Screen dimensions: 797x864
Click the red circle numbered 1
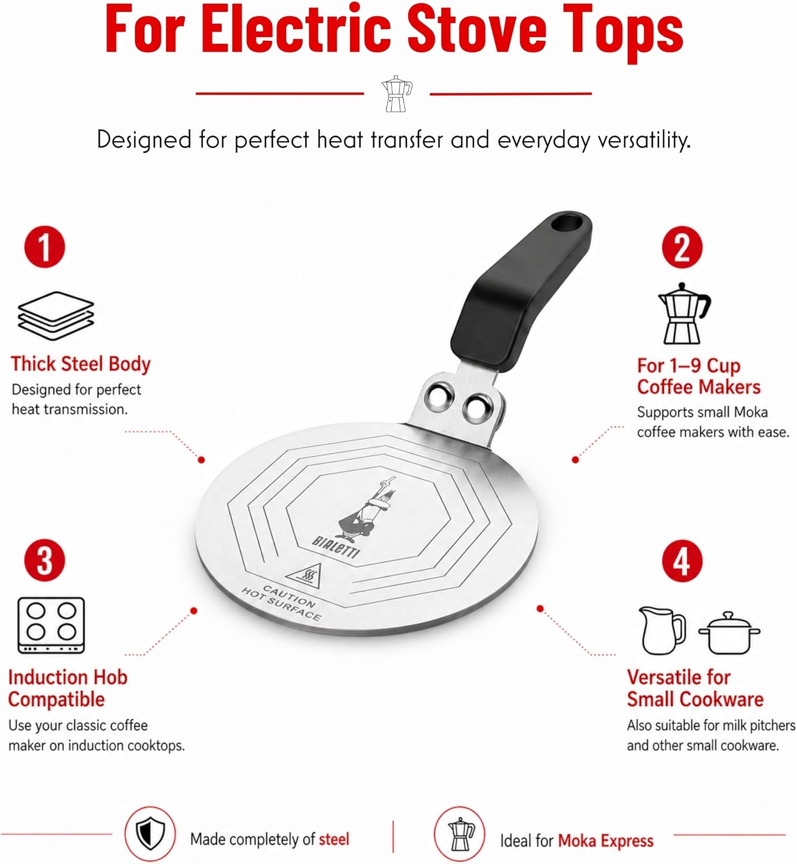[44, 247]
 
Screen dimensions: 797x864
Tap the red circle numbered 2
[682, 247]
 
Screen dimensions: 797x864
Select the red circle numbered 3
[44, 560]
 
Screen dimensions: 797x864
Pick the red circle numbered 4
[682, 561]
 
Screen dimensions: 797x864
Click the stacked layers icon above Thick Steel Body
[56, 316]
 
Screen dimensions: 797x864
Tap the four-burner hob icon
[51, 625]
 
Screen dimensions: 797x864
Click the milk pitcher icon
[662, 630]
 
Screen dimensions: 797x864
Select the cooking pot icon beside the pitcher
[729, 633]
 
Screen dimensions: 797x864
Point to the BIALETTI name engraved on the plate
[336, 547]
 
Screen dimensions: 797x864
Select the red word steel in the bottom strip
[334, 839]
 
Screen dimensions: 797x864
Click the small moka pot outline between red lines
[396, 93]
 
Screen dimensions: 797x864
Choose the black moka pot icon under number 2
[684, 314]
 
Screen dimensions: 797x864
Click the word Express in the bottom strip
[627, 841]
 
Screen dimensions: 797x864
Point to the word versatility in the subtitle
[644, 140]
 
